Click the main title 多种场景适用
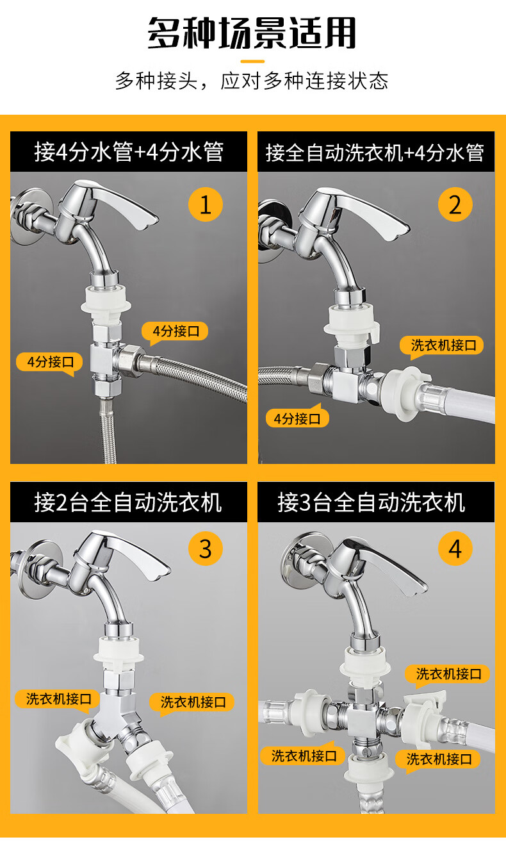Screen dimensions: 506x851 tap(252, 33)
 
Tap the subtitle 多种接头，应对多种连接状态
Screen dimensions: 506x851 tap(252, 81)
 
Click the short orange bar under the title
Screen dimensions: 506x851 tap(252, 61)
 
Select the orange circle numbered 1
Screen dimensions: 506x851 tap(206, 204)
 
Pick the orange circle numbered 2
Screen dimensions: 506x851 tap(455, 204)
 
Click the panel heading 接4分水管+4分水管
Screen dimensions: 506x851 tap(129, 152)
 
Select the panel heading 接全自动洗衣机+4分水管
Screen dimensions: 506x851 tap(375, 153)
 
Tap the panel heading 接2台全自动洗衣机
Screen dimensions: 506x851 tap(128, 502)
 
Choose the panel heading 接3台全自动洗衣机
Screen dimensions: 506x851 tap(371, 502)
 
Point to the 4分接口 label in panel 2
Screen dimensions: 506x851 tap(297, 418)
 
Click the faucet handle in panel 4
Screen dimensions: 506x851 tap(380, 562)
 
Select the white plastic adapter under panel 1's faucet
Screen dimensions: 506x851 tap(106, 304)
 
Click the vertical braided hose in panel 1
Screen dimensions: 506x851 tap(108, 431)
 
